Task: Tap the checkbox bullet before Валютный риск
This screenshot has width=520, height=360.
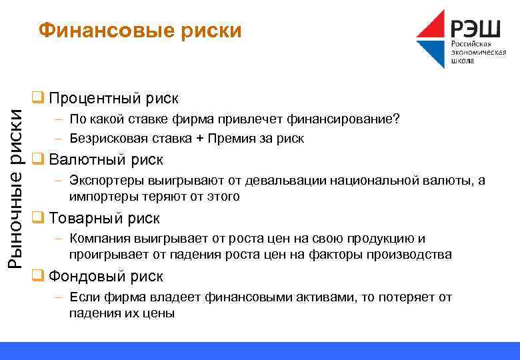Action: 38,159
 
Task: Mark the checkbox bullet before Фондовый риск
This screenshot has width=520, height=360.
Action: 38,276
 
